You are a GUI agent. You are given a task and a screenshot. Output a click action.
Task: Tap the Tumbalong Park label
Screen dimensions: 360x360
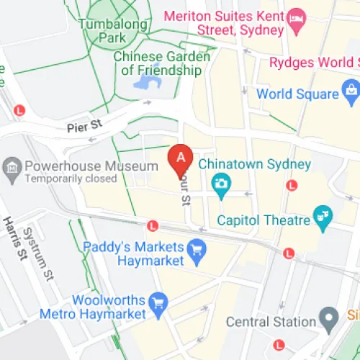tap(113, 29)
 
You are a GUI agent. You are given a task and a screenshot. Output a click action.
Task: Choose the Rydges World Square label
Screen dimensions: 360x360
tap(314, 63)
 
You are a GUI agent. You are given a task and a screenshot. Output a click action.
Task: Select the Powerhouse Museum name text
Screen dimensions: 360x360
tap(91, 166)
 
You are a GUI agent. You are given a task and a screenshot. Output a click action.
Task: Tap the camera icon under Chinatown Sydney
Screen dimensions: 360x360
tap(222, 185)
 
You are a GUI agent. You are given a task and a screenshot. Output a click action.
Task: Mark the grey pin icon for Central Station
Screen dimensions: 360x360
tap(329, 316)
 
